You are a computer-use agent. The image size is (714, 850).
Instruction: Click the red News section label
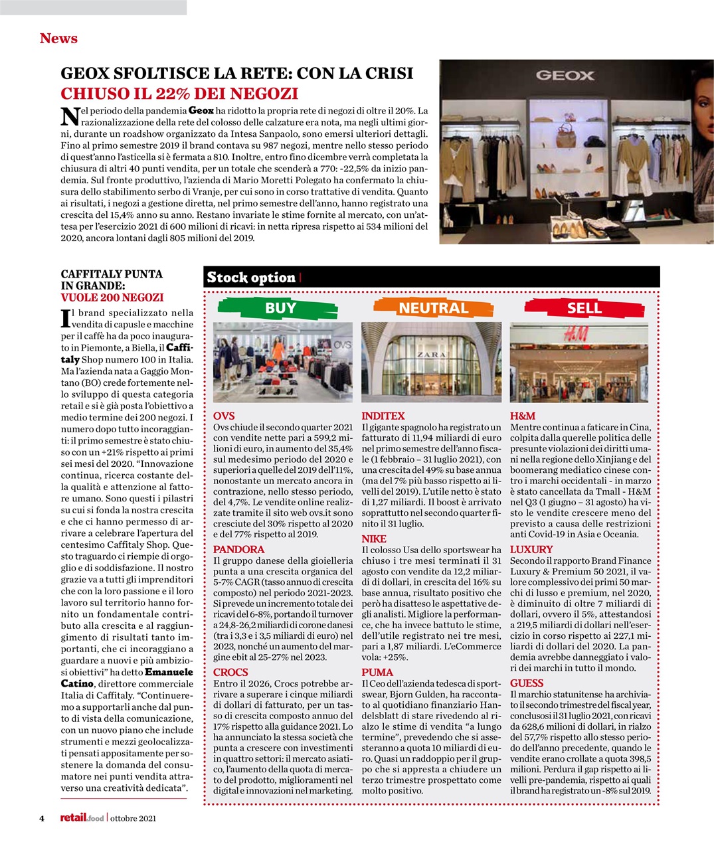[58, 39]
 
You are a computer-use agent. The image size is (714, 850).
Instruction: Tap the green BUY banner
[280, 307]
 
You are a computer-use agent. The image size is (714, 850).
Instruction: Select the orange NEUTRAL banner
[433, 307]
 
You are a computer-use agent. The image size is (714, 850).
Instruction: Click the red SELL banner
[584, 307]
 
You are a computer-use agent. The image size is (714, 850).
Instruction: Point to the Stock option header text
[251, 278]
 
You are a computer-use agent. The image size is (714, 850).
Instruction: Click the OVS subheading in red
[224, 416]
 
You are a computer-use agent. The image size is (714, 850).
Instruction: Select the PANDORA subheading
[238, 549]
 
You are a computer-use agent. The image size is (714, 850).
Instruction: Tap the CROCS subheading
[230, 672]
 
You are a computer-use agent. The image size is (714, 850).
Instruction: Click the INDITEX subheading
[383, 416]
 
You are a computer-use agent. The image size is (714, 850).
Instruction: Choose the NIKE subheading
[373, 539]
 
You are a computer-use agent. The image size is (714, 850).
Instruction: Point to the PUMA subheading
[377, 672]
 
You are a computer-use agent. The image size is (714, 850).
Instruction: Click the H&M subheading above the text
[523, 416]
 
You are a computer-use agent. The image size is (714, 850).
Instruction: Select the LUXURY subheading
[531, 549]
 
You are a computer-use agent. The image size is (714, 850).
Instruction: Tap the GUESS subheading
[527, 683]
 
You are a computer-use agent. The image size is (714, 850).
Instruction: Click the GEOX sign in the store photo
[565, 75]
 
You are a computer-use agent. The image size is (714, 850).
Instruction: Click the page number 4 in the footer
[41, 818]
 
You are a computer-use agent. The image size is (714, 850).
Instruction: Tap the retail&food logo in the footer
[82, 818]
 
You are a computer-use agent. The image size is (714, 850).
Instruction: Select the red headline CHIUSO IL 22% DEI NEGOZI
[179, 94]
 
